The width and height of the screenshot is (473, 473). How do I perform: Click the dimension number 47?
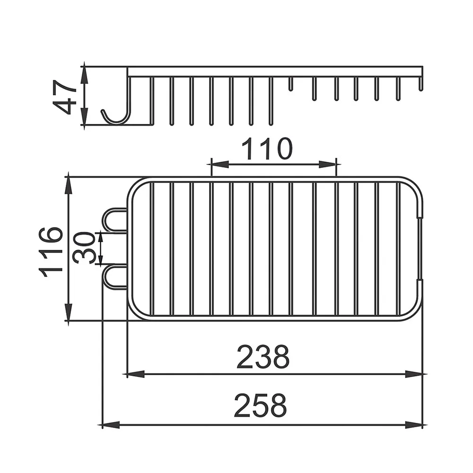[x=64, y=97]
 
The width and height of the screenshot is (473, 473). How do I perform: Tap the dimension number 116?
[x=51, y=252]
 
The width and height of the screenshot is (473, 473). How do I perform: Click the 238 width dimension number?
[x=263, y=357]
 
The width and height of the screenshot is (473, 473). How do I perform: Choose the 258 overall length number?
[x=260, y=405]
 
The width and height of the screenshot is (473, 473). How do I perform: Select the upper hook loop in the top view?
[x=114, y=220]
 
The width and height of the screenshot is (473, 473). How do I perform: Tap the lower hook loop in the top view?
[x=114, y=277]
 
